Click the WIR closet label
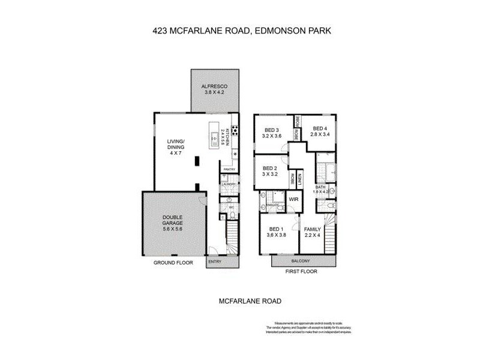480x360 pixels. click(294, 199)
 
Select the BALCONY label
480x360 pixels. click(301, 261)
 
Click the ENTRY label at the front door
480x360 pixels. click(214, 262)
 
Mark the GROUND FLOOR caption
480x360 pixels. click(172, 262)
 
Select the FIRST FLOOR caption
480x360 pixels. click(301, 271)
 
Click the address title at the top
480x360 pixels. click(240, 28)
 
